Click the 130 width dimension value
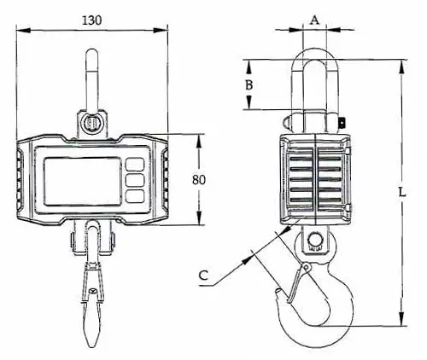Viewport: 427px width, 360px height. point(91,20)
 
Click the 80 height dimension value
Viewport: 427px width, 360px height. point(198,180)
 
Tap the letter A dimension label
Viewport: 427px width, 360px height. point(314,20)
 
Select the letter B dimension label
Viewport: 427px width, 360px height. point(249,84)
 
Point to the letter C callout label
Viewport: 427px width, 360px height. point(203,276)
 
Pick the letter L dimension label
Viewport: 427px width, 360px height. point(401,192)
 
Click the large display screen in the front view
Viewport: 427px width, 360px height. point(83,181)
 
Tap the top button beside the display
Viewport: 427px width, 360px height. point(135,165)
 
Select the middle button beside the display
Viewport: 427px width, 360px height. point(135,180)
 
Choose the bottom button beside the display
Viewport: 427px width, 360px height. point(135,196)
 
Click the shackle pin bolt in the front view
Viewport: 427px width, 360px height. point(91,124)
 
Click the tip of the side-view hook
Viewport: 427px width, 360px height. point(278,290)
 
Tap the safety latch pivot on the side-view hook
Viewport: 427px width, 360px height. point(307,267)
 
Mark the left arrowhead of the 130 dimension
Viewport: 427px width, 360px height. point(23,30)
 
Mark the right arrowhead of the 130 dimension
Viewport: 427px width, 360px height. point(161,30)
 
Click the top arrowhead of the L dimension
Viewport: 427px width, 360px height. point(401,67)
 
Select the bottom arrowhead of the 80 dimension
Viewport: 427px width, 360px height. point(199,218)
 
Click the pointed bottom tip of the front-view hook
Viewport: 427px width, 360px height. point(92,346)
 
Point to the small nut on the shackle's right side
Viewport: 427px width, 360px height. point(342,123)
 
